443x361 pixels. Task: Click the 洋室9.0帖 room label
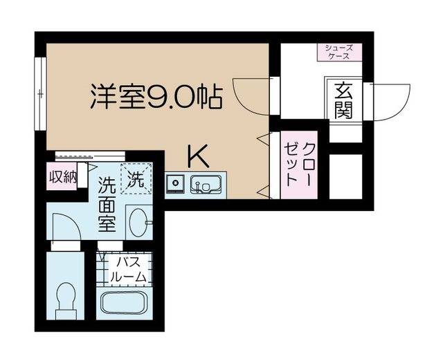(156, 97)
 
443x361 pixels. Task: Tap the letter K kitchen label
(199, 156)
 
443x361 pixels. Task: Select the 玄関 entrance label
(343, 100)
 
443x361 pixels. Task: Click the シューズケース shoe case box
(339, 52)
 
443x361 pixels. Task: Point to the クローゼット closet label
(299, 165)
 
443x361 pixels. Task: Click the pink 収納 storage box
(62, 176)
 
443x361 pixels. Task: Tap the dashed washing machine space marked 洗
(136, 178)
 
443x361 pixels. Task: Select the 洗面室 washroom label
(107, 204)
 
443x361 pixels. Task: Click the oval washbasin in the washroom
(138, 223)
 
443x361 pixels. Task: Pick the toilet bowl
(66, 300)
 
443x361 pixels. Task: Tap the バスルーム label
(129, 269)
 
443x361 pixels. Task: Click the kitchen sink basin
(206, 184)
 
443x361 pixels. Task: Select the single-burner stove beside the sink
(175, 183)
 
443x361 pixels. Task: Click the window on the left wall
(40, 93)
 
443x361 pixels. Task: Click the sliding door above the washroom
(90, 156)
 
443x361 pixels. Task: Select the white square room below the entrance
(345, 176)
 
